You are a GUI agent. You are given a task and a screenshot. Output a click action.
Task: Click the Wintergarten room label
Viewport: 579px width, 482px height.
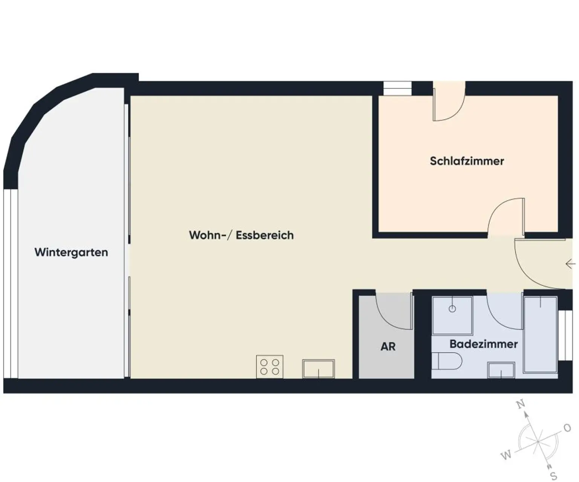[71, 252]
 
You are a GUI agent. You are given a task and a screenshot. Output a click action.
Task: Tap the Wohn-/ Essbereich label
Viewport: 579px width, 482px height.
[241, 235]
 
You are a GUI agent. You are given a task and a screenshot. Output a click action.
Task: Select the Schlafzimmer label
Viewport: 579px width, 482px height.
[467, 161]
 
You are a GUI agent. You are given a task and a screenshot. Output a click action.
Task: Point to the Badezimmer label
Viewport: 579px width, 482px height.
[484, 344]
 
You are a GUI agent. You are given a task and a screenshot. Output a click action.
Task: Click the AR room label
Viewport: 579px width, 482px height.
[388, 346]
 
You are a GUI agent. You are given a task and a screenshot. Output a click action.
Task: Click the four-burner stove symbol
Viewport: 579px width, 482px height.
[270, 366]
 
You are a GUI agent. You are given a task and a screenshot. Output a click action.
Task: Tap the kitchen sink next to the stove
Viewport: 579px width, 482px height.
[319, 368]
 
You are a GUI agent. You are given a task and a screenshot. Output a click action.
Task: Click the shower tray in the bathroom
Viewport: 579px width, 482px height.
[452, 316]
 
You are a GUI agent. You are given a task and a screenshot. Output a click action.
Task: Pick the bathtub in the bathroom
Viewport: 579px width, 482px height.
[541, 334]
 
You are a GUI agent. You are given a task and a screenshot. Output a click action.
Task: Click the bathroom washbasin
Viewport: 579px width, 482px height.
[501, 370]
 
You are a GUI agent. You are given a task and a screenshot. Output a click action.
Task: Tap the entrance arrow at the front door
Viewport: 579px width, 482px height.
[570, 264]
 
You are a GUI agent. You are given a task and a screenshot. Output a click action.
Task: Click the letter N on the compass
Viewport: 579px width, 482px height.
[521, 405]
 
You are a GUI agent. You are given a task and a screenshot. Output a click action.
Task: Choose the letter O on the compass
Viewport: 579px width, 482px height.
[567, 428]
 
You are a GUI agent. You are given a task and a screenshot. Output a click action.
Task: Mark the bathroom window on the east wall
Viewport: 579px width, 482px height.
[565, 335]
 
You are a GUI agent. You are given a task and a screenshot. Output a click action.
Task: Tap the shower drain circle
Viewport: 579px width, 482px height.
[452, 309]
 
